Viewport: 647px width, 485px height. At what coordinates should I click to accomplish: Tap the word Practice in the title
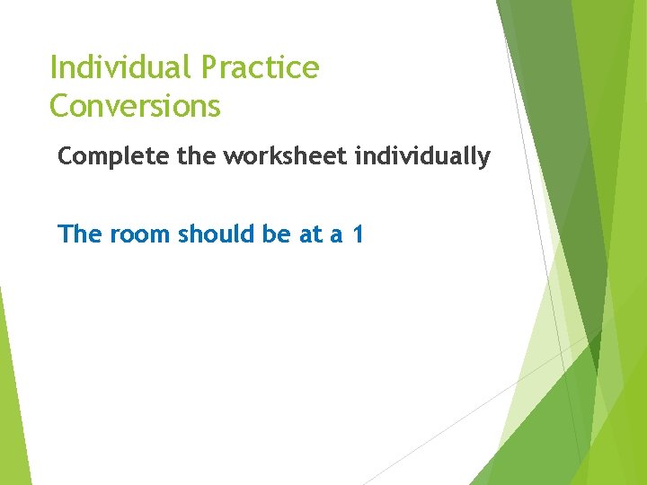261,68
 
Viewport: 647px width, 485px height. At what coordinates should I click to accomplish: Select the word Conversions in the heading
135,106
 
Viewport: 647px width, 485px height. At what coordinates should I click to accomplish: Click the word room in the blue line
141,235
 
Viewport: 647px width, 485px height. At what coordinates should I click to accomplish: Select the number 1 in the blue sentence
358,235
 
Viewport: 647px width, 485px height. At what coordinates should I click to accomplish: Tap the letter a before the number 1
336,237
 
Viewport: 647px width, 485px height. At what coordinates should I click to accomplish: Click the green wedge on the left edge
13,404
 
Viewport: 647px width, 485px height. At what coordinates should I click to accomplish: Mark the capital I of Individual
54,67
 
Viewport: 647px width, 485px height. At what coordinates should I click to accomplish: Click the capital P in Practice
209,67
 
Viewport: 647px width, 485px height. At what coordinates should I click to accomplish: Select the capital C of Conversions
60,106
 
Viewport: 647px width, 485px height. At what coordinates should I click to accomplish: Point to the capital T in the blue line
65,234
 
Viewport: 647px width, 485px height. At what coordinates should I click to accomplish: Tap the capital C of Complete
66,156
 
